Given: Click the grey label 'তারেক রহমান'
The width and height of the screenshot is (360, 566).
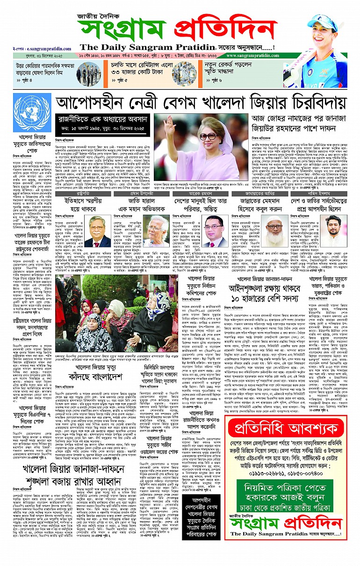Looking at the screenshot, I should click(197, 180).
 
